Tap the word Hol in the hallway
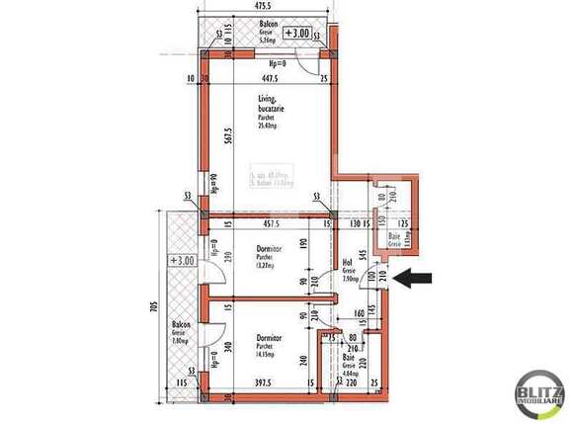pyautogui.click(x=347, y=264)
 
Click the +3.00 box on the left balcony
pyautogui.click(x=182, y=261)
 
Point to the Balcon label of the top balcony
pyautogui.click(x=268, y=23)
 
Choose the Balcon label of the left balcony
pyautogui.click(x=180, y=325)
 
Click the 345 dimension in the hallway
pyautogui.click(x=366, y=256)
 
